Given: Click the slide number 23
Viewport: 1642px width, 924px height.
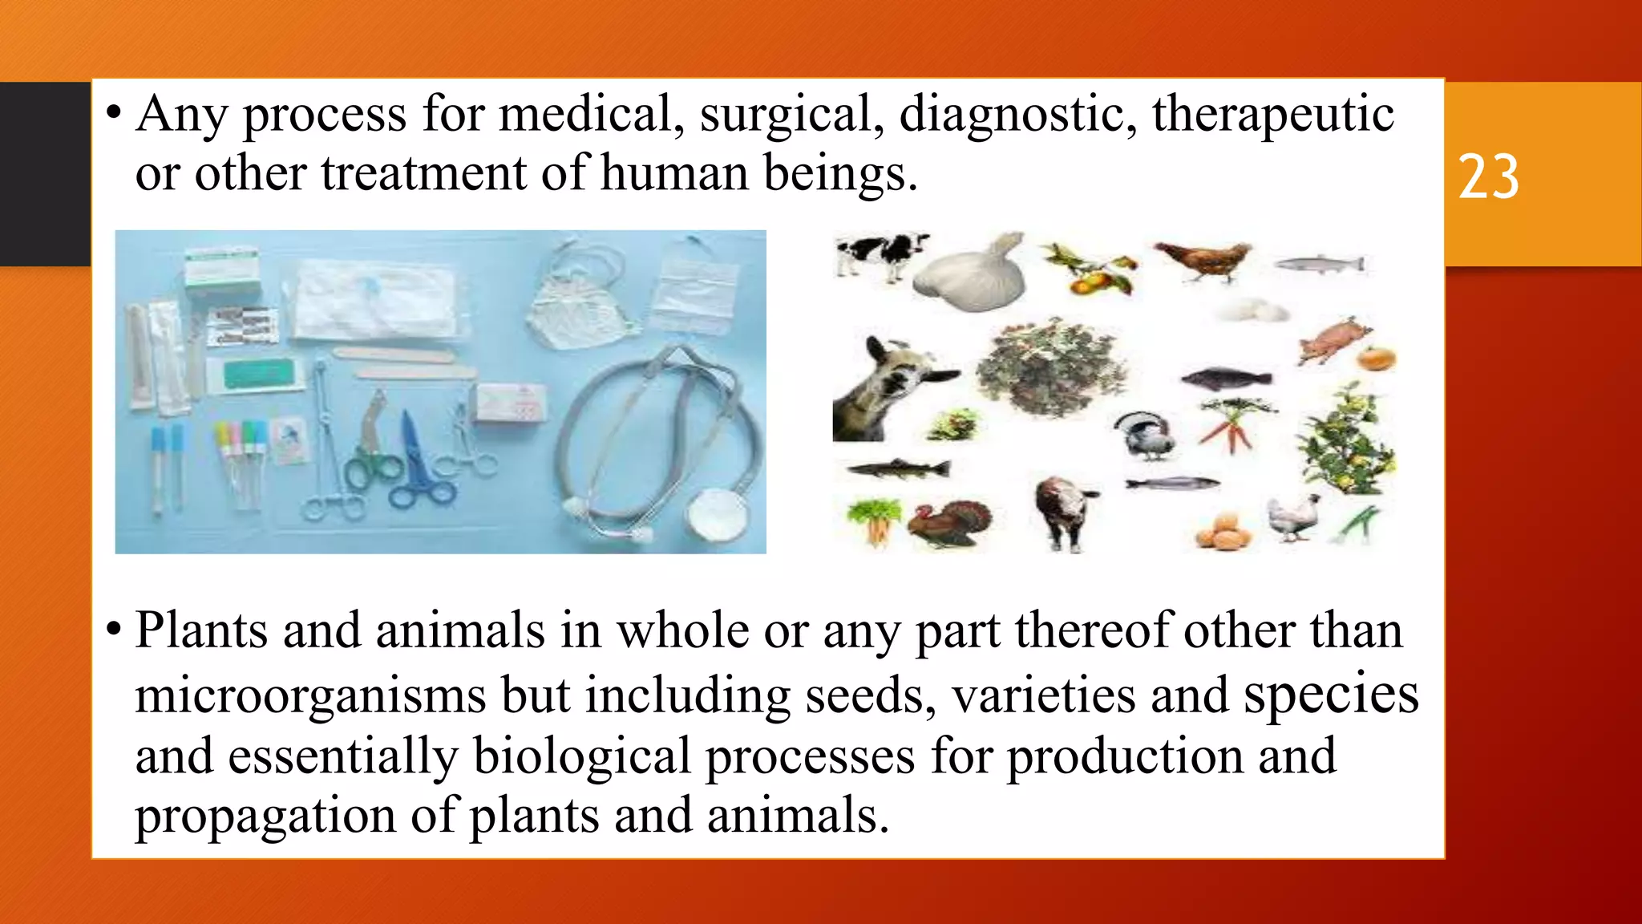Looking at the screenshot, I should [x=1488, y=177].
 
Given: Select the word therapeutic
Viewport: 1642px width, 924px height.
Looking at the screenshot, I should [x=1272, y=114].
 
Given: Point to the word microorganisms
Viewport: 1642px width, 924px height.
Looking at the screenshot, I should [x=309, y=695].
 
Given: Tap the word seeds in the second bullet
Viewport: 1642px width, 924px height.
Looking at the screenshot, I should [x=870, y=695].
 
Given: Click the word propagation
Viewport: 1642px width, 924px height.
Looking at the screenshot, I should [x=265, y=817].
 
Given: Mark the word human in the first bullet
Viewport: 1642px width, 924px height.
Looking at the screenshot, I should [x=673, y=173].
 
